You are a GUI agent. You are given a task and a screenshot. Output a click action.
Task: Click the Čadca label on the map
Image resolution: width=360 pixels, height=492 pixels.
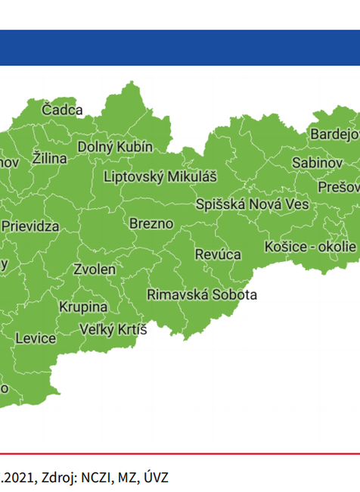[62, 110]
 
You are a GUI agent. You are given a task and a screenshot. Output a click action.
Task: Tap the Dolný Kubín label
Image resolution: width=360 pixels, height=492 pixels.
[115, 146]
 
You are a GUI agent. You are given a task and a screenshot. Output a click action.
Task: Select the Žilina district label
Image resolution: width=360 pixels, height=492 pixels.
[50, 159]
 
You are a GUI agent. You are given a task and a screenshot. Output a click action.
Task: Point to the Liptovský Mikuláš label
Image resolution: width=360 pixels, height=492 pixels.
[160, 176]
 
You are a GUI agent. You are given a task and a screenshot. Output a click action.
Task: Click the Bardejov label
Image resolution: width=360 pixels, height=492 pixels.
[334, 135]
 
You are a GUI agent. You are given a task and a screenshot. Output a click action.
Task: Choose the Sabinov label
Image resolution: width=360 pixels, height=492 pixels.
[317, 163]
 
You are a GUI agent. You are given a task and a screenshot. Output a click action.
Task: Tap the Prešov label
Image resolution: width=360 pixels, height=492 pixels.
[338, 186]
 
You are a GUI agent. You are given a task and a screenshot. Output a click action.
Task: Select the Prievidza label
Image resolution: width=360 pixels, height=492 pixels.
[30, 226]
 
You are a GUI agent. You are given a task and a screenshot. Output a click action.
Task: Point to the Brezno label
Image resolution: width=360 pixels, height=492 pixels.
[151, 224]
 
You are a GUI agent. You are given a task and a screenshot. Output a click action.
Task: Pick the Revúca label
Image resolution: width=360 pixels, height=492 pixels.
[218, 254]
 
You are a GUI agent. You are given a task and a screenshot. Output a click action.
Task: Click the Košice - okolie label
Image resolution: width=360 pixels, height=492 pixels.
[310, 247]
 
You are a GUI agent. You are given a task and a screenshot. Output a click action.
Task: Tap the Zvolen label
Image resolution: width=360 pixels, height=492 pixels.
[95, 269]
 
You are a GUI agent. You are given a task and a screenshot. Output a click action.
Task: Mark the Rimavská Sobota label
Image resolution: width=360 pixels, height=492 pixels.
[202, 294]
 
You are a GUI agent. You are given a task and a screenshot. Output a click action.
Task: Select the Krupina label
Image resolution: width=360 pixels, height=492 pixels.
[83, 307]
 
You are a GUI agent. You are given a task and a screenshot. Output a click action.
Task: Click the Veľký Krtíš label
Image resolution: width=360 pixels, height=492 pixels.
[113, 329]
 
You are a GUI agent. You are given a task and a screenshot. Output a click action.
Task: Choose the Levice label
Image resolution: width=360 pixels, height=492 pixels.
[36, 338]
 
